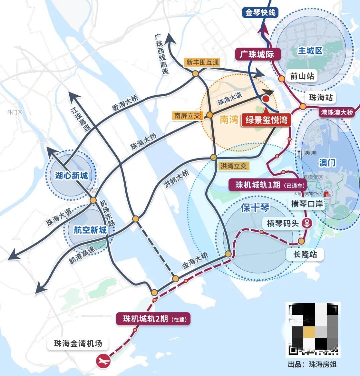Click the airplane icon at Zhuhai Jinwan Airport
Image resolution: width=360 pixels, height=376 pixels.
[103, 361]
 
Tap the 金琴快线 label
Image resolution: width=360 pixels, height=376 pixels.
[260, 13]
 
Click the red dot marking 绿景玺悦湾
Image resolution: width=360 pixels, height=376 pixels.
[266, 99]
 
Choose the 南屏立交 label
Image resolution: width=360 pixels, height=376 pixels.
[187, 116]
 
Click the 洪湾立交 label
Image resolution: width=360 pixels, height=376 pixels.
[233, 166]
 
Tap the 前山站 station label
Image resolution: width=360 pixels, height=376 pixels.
[302, 76]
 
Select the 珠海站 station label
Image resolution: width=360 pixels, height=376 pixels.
[321, 98]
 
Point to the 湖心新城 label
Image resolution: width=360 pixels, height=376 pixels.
[71, 175]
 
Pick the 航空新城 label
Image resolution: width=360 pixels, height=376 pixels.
[90, 230]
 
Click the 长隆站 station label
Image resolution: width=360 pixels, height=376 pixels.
[305, 255]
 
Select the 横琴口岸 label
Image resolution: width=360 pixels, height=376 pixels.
[307, 204]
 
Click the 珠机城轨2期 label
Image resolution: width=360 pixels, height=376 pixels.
[153, 319]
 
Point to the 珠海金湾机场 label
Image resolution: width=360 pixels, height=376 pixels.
[78, 344]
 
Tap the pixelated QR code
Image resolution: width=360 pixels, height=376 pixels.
[313, 329]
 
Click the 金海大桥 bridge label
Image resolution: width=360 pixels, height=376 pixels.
[195, 260]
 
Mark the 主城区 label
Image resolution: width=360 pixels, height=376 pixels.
[310, 51]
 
